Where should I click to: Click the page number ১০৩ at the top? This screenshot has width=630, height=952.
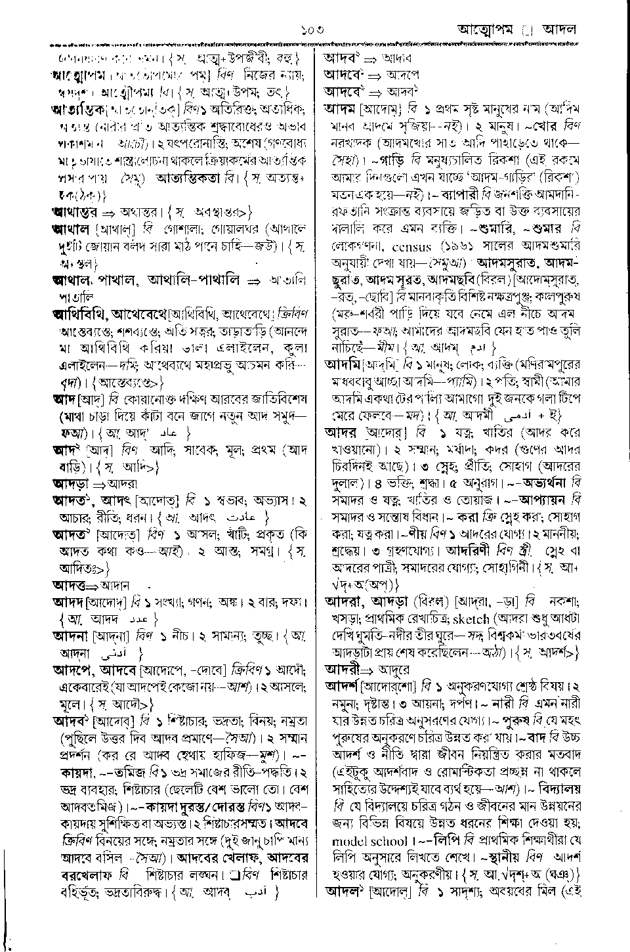pos(315,30)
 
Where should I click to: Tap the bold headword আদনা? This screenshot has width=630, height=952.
pos(68,636)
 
